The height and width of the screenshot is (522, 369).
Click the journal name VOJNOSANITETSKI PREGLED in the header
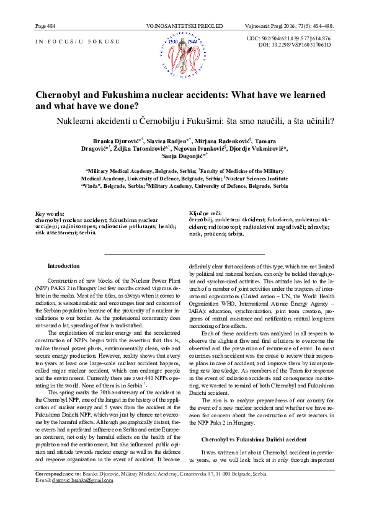[x=184, y=27]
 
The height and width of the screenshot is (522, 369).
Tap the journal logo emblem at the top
[x=184, y=54]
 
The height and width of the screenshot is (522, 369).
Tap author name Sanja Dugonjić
[x=184, y=157]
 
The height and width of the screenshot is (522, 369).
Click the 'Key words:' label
[x=50, y=214]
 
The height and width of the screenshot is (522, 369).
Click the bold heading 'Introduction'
[x=63, y=266]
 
